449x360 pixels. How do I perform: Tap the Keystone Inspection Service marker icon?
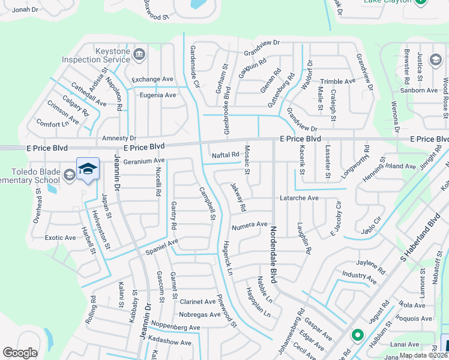pos(139,55)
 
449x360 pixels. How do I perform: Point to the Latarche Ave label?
pos(299,198)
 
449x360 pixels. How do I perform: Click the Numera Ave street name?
pos(249,224)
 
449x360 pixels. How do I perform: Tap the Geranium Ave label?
pos(143,161)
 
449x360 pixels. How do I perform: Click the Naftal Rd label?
pos(226,155)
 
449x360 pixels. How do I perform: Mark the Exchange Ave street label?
pos(152,79)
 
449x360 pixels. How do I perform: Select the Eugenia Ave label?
pos(158,95)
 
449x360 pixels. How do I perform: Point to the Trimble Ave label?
pos(338,82)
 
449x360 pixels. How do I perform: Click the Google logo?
pos(20,352)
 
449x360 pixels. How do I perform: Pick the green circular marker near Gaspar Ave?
pos(357,335)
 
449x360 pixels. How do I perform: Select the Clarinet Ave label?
pos(197,302)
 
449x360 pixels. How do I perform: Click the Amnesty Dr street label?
pos(119,138)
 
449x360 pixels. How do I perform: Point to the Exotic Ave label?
pos(61,238)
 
